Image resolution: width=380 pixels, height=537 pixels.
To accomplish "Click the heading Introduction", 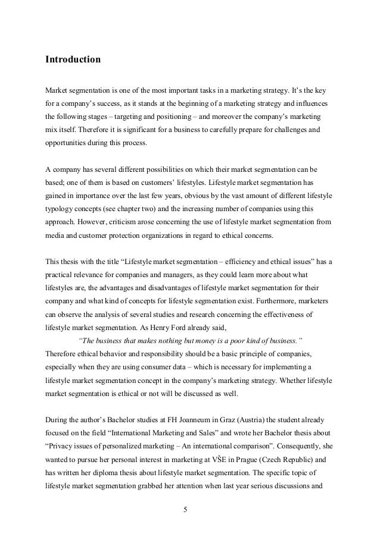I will coord(73,60).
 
